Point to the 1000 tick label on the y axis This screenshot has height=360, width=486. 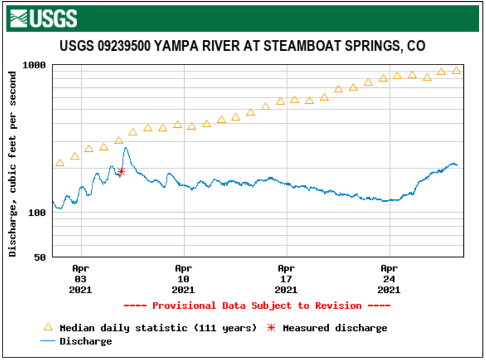click(34, 65)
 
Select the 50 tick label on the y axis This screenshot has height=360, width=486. click(39, 257)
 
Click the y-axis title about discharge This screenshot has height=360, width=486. click(13, 163)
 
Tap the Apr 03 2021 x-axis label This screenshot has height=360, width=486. click(80, 278)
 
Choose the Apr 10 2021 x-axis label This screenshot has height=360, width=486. click(183, 278)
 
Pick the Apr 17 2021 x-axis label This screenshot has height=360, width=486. click(286, 278)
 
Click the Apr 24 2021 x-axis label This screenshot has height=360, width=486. click(389, 278)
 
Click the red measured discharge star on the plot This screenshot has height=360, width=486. click(121, 171)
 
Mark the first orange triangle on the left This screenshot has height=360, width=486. click(60, 163)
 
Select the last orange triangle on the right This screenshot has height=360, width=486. click(456, 71)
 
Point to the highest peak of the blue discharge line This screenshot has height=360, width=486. click(126, 148)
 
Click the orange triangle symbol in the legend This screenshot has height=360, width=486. click(47, 328)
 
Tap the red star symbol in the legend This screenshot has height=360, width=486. click(272, 328)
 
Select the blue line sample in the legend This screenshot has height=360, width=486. click(47, 342)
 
